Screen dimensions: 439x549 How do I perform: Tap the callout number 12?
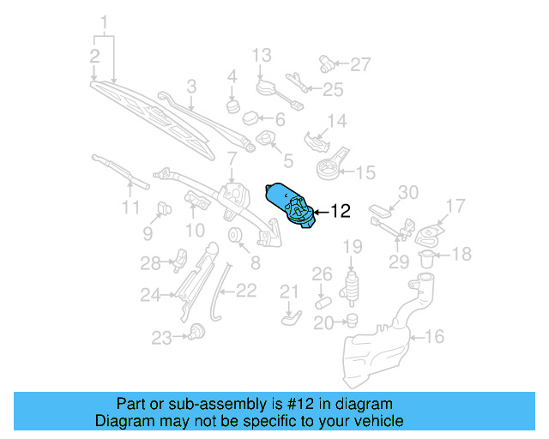(341, 211)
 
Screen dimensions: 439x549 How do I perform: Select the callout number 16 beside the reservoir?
(435, 337)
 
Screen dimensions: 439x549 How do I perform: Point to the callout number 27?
(360, 63)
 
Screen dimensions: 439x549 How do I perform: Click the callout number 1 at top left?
(106, 21)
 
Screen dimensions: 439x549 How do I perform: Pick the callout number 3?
(190, 86)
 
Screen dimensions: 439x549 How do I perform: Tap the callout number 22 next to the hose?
(245, 291)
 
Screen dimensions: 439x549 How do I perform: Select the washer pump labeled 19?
(351, 286)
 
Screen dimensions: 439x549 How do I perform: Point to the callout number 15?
(365, 172)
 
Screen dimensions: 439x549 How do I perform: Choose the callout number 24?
(151, 296)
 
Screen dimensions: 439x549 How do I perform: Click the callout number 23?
(162, 338)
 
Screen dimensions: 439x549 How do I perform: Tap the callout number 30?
(407, 192)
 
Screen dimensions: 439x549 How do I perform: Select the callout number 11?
(130, 207)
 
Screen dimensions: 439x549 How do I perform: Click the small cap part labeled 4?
(232, 106)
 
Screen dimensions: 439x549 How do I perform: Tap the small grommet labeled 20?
(350, 322)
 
